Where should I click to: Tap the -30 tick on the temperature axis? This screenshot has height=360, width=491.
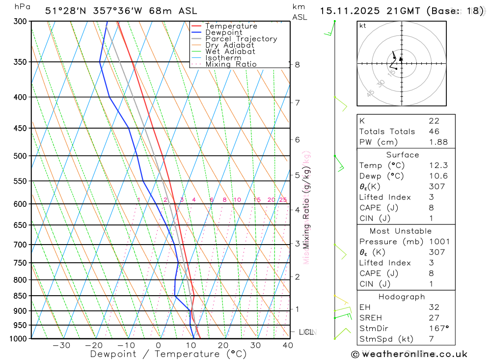pyautogui.click(x=61, y=345)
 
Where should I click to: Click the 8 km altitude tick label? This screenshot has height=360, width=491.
pyautogui.click(x=298, y=64)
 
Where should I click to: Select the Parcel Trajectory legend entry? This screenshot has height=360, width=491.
pyautogui.click(x=241, y=39)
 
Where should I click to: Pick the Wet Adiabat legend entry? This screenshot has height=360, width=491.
pyautogui.click(x=230, y=52)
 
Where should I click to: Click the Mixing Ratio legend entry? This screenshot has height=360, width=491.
pyautogui.click(x=231, y=64)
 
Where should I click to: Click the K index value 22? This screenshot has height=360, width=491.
pyautogui.click(x=434, y=121)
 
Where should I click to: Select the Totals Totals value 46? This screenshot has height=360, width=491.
pyautogui.click(x=434, y=132)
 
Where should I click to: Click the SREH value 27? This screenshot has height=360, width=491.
pyautogui.click(x=434, y=318)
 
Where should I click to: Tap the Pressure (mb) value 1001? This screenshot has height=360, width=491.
pyautogui.click(x=438, y=242)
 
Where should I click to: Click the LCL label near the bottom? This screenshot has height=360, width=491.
pyautogui.click(x=306, y=332)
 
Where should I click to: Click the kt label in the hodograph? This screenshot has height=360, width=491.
pyautogui.click(x=363, y=26)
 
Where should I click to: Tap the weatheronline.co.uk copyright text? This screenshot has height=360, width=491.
pyautogui.click(x=409, y=354)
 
